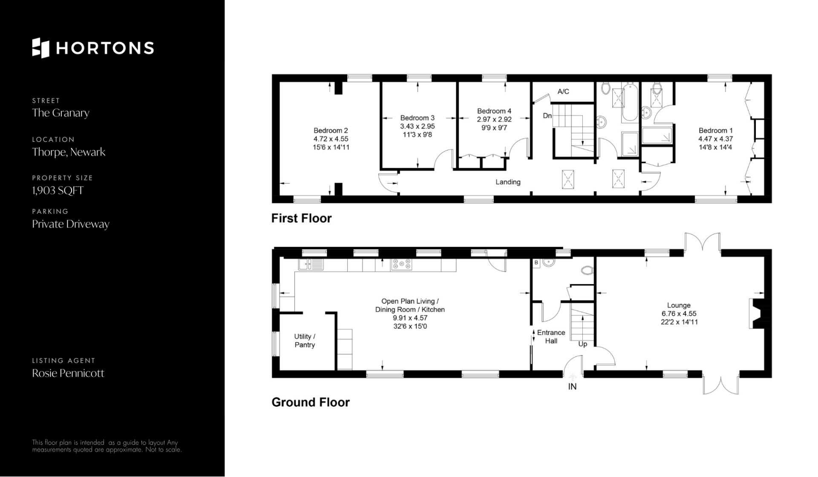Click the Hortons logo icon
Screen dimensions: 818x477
[41, 48]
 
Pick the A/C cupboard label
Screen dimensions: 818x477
[563, 92]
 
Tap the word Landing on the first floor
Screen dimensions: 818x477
[508, 182]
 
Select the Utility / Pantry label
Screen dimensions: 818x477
[305, 341]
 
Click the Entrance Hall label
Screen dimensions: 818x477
[551, 336]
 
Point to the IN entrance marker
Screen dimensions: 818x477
[572, 387]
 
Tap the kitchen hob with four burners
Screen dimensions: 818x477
[402, 264]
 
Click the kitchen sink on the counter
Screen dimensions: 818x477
[311, 264]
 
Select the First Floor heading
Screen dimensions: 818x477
[302, 218]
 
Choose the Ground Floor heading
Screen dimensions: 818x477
[311, 402]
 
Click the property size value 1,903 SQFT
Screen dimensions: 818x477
[58, 190]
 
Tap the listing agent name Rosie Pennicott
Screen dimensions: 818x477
[68, 373]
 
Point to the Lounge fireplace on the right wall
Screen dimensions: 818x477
[757, 313]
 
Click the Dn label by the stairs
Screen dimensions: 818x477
[547, 115]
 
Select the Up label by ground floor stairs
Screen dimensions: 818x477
[583, 344]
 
